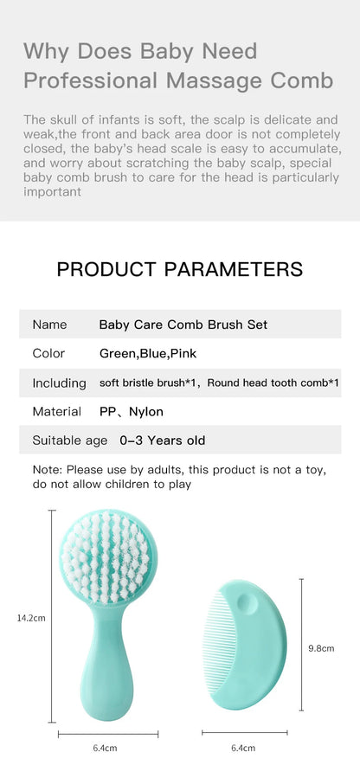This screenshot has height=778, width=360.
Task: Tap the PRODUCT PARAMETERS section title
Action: tap(180, 268)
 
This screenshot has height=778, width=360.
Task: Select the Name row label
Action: tap(49, 325)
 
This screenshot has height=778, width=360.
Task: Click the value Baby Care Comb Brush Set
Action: tap(183, 325)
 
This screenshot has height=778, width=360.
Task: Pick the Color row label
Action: tap(48, 353)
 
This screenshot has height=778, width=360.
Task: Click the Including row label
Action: tap(59, 383)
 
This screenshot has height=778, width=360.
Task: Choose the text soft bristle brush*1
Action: tap(148, 383)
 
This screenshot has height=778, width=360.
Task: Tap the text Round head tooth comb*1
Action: tap(273, 383)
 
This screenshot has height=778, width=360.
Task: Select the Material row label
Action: tap(57, 411)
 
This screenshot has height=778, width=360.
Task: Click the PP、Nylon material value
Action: tap(132, 411)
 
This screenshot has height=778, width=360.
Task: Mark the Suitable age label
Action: tap(70, 440)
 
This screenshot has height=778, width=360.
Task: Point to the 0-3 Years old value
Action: tap(163, 440)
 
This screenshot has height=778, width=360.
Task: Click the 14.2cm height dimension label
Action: tap(30, 617)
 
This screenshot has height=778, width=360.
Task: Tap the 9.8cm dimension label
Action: tap(321, 647)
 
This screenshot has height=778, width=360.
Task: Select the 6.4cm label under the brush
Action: tap(105, 748)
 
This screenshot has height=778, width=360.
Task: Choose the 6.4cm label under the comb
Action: tap(242, 748)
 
